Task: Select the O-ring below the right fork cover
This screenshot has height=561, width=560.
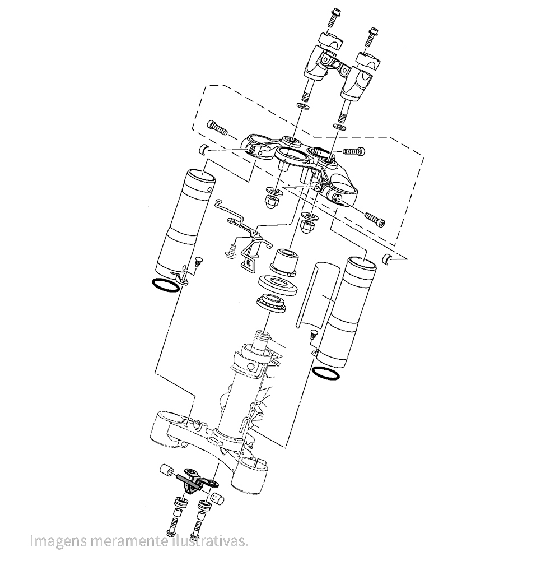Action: (x=326, y=373)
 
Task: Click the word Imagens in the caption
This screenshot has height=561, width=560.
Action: (x=54, y=541)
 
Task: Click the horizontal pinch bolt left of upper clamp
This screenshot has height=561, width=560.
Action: (x=217, y=127)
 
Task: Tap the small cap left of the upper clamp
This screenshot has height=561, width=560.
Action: (x=204, y=149)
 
